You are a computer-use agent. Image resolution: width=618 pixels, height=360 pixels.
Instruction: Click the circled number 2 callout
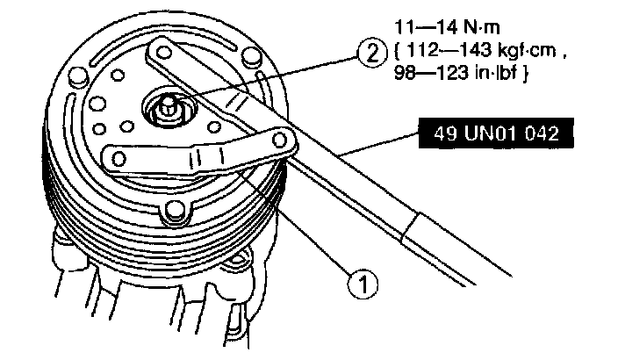[x=371, y=54]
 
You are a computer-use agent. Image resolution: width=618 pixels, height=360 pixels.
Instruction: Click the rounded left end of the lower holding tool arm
[x=114, y=157]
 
